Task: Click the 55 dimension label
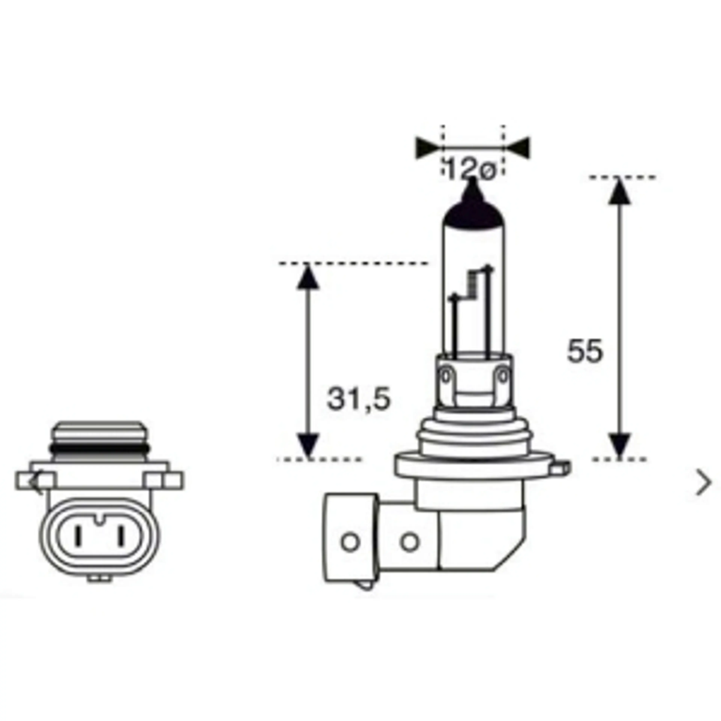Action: [585, 351]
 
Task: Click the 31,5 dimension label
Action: [359, 399]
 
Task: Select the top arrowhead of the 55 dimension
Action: [620, 191]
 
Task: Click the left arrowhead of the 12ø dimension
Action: [429, 148]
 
